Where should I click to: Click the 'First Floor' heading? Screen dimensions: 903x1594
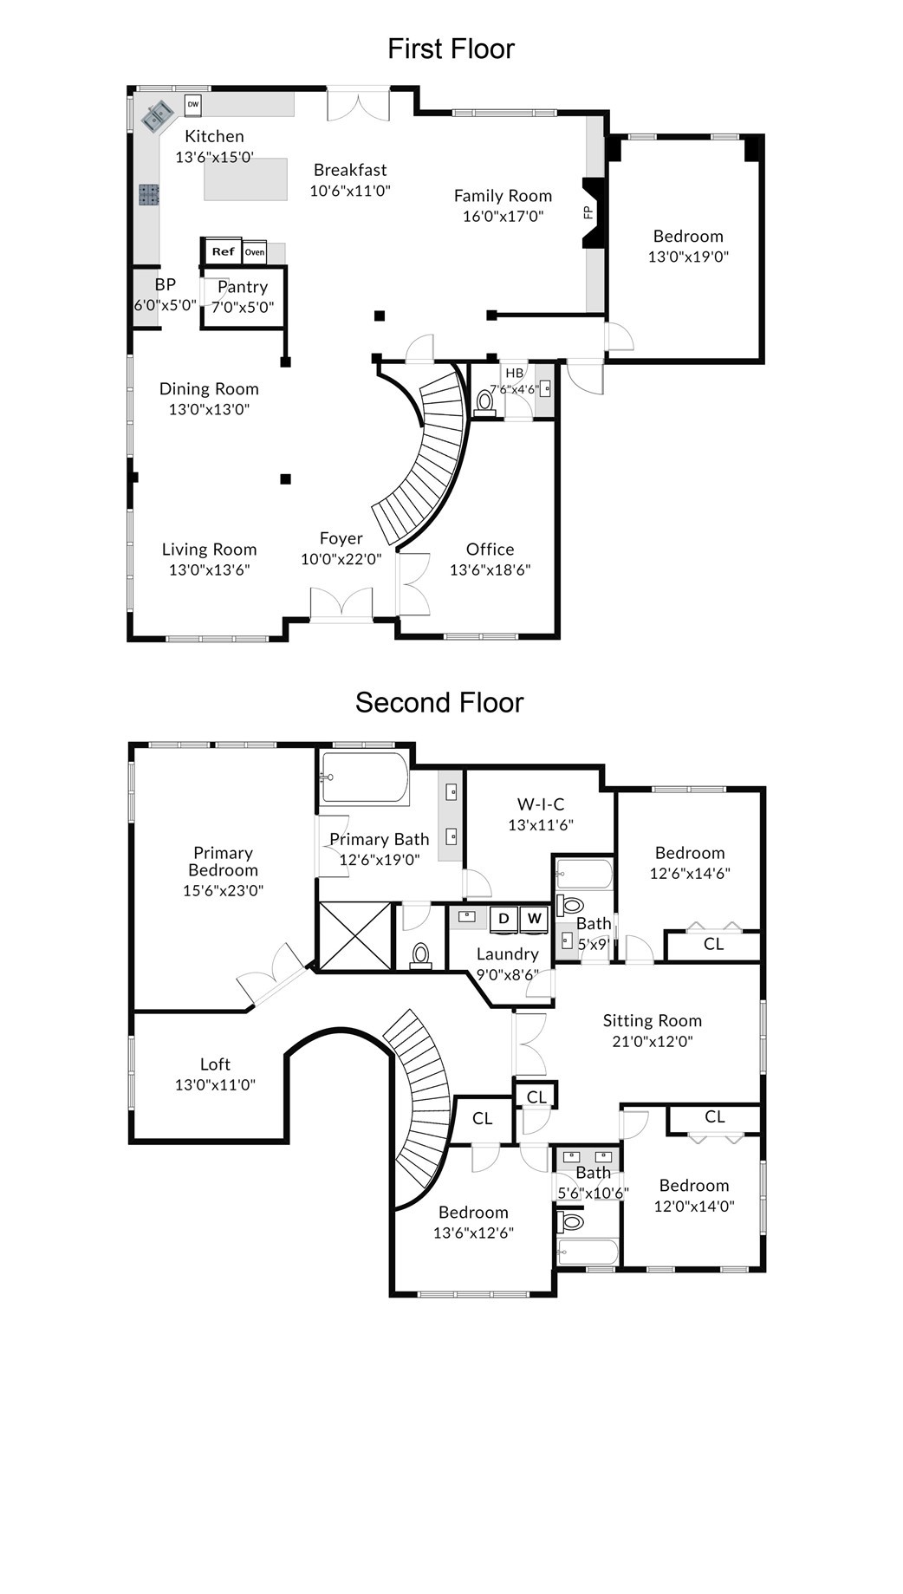coord(451,49)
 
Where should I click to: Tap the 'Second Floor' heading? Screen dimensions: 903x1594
coord(439,702)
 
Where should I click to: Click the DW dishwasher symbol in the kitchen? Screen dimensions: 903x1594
coord(192,104)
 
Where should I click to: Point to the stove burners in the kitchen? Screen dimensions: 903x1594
coord(149,195)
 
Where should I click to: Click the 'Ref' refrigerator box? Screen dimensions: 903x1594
coord(223,251)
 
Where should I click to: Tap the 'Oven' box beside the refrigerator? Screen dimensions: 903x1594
coord(254,252)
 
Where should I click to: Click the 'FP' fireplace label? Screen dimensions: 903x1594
coord(588,211)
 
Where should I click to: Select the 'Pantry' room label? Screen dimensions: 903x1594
coord(243,287)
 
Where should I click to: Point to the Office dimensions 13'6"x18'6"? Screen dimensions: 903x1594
coord(490,569)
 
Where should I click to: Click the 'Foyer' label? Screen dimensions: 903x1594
coord(341,538)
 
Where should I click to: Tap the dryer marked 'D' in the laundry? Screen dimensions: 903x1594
coord(503,919)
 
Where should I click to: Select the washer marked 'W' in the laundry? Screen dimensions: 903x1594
coord(534,919)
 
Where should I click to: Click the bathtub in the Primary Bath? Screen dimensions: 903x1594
coord(364,778)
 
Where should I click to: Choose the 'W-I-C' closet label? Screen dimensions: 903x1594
coord(541,804)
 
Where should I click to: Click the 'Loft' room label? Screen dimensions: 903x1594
coord(216,1064)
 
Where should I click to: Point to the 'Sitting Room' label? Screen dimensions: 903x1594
coord(653,1021)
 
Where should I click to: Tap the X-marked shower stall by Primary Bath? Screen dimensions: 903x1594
coord(355,936)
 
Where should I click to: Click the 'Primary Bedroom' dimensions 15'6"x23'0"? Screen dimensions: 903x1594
coord(223,890)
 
